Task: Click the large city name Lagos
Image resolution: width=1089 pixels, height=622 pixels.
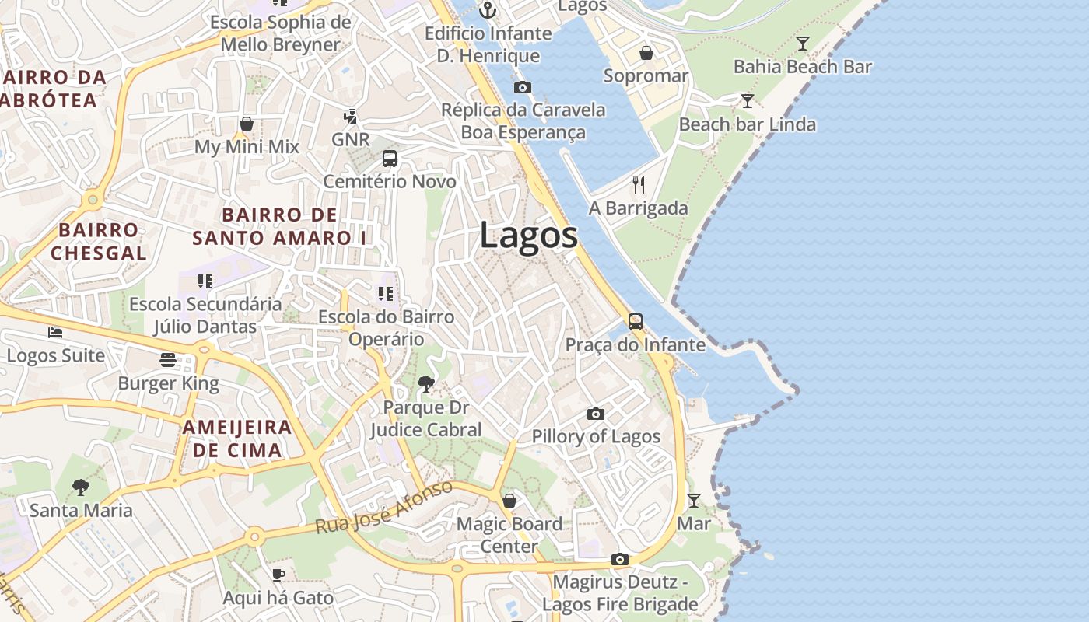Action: (x=529, y=236)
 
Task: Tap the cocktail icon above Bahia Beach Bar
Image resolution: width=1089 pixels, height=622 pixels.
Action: (x=802, y=44)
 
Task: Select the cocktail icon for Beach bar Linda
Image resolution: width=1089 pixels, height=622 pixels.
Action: (x=747, y=101)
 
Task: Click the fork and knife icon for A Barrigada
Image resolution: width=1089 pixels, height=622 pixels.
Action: (x=639, y=185)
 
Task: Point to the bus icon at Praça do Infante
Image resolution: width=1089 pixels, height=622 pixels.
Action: (x=636, y=321)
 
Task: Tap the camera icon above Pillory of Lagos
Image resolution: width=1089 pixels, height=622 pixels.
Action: (x=596, y=414)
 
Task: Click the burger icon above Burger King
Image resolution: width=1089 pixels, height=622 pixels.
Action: (x=168, y=360)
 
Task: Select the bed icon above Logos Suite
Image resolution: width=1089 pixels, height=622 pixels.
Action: (x=55, y=333)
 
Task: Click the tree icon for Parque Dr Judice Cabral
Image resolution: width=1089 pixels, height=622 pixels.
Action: (x=425, y=383)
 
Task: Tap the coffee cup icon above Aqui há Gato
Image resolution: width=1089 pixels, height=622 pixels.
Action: (x=278, y=575)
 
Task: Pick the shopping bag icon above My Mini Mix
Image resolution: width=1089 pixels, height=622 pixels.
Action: (x=247, y=124)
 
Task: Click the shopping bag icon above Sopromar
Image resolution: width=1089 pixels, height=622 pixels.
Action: (x=646, y=53)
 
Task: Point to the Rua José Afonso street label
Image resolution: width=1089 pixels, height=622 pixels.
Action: (x=384, y=507)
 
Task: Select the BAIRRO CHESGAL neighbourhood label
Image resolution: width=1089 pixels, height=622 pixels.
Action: (x=99, y=241)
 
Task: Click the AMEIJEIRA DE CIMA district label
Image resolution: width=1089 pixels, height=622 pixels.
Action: (x=237, y=439)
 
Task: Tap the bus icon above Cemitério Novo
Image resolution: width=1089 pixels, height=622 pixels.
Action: (x=390, y=159)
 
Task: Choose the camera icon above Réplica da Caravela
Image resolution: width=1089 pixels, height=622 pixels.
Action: (x=523, y=87)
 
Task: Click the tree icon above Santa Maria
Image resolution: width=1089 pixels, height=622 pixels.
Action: (x=80, y=487)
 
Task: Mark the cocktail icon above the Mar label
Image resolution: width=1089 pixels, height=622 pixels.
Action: (x=693, y=500)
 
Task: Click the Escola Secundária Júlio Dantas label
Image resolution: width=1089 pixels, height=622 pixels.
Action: (x=205, y=315)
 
